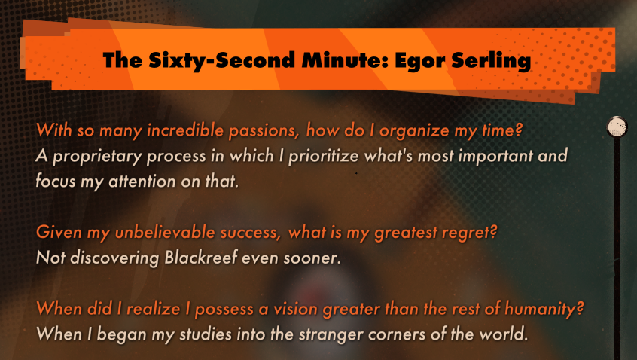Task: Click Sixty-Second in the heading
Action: coord(221,60)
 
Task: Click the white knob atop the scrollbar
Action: coord(617,127)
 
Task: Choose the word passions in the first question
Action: coord(264,131)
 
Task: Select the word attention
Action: coord(142,182)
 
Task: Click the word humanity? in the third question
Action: coord(544,310)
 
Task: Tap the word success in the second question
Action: coord(250,233)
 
